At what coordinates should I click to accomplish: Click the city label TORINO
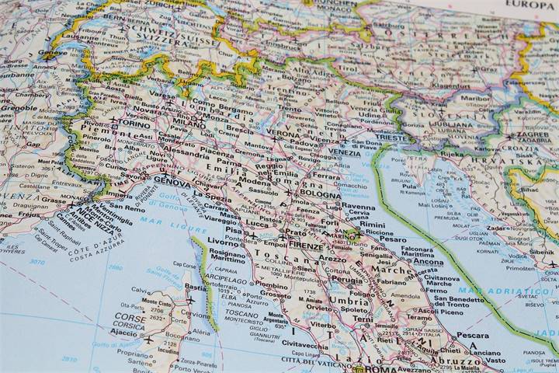[134, 124]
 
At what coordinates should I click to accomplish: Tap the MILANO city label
[189, 124]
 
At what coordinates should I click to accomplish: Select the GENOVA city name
[172, 181]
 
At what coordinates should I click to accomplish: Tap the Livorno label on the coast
[223, 242]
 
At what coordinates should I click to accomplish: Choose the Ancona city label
[429, 262]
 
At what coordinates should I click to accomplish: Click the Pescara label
[472, 336]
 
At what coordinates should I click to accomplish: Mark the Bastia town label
[196, 288]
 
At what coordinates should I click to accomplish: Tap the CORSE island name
[130, 317]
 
